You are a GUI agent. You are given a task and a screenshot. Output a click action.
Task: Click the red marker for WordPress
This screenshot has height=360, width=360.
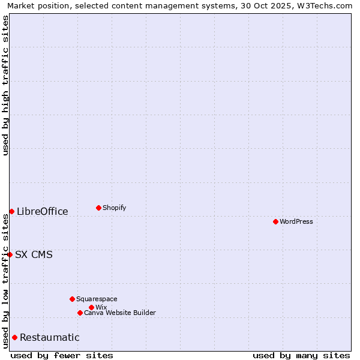[275, 221]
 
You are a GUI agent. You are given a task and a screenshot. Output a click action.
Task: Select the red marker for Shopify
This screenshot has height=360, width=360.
[98, 208]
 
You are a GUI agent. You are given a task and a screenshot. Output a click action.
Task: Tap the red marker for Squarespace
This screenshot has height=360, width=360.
[72, 299]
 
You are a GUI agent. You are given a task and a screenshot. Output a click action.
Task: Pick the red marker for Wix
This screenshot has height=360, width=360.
[91, 307]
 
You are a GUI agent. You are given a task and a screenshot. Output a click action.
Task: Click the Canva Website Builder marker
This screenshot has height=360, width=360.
[80, 313]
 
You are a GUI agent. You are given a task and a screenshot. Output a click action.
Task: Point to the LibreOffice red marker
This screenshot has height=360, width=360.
[11, 211]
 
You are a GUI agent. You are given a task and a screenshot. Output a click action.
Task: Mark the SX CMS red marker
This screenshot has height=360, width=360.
[10, 254]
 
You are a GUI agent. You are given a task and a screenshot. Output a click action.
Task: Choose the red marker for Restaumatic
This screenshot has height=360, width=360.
[14, 337]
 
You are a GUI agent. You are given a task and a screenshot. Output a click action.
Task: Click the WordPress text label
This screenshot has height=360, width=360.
[296, 221]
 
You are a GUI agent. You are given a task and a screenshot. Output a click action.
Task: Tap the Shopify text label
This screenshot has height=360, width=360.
[115, 208]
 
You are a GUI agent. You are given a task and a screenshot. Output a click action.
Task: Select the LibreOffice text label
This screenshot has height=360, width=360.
[43, 211]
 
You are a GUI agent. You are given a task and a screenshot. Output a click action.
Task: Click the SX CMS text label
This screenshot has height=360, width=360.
[34, 254]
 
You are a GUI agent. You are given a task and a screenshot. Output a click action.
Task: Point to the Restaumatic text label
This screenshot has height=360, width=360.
[50, 337]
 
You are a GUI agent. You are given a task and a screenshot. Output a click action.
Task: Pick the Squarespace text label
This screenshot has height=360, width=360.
[97, 299]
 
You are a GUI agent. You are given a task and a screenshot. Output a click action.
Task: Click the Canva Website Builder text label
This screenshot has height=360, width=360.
[120, 313]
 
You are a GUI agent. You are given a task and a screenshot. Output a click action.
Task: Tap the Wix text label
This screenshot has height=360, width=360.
[101, 307]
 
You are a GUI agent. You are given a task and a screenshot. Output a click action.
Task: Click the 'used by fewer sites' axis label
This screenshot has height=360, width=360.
[62, 355]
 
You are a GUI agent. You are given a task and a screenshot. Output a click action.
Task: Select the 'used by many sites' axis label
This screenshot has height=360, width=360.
[301, 355]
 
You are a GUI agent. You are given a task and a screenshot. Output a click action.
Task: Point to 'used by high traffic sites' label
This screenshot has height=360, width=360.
[5, 85]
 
